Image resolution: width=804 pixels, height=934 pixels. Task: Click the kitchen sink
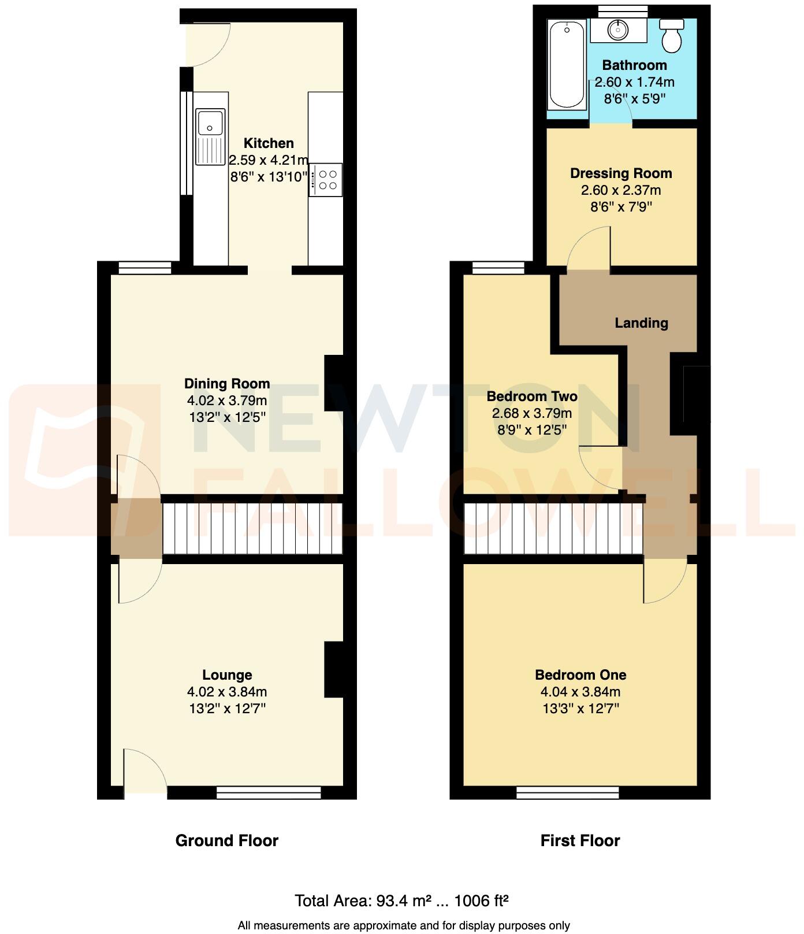pos(210,136)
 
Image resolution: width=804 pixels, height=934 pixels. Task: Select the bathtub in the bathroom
pos(567,64)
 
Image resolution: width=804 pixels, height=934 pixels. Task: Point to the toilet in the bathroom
pos(672,36)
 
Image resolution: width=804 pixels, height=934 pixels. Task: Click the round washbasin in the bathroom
pos(618,29)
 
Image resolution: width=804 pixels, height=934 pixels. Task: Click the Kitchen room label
pos(269,143)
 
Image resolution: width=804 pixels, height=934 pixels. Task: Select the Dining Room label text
pos(227,384)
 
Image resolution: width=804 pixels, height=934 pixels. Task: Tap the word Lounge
pos(227,675)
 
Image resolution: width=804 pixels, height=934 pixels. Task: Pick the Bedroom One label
pos(580,675)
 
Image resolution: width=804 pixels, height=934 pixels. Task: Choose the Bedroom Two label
pos(532,396)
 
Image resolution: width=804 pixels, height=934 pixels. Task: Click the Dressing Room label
pos(621,173)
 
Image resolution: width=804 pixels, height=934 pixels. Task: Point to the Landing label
pos(641,323)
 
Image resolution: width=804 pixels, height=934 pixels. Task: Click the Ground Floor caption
pos(227,841)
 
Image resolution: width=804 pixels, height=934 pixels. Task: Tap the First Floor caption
pos(580,841)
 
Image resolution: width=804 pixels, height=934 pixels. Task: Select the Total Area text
pos(401,901)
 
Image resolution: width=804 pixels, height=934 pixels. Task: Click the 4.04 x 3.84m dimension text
pos(580,692)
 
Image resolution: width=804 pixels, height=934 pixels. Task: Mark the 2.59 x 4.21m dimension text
pos(269,160)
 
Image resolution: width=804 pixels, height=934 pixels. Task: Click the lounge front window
pos(269,792)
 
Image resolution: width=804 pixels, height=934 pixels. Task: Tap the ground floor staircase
pos(252,529)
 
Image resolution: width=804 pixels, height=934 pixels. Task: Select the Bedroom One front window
pos(568,792)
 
